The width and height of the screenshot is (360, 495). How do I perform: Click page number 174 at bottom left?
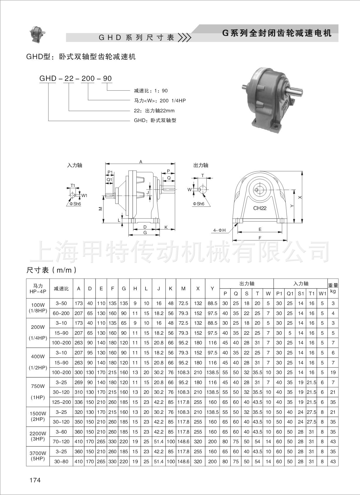pos(35,480)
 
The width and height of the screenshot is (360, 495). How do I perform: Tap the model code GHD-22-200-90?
pos(76,78)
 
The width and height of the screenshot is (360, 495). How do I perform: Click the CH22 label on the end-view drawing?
pos(260,208)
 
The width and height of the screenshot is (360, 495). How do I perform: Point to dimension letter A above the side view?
pos(141,161)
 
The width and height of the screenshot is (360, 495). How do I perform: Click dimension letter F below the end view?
pos(260,238)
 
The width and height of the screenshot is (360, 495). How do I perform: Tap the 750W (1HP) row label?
pos(38,392)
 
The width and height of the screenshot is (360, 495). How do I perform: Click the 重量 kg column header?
pos(333,288)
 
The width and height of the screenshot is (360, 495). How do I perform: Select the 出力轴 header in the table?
pos(247,284)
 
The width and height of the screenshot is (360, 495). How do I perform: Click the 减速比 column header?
pos(61,289)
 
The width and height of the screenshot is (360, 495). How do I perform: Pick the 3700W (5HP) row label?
pos(38,456)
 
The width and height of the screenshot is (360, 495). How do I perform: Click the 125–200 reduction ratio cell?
pos(61,402)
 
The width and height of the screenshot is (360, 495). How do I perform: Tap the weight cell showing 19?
pos(333,372)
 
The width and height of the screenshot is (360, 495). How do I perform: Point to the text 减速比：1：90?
pos(151,91)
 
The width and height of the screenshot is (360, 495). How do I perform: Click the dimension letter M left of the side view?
pos(101,209)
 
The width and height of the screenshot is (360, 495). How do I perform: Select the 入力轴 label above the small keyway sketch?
pos(75,165)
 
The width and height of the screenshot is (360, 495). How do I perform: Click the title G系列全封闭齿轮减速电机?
pos(277,33)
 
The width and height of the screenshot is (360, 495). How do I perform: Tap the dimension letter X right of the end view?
pos(300,197)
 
